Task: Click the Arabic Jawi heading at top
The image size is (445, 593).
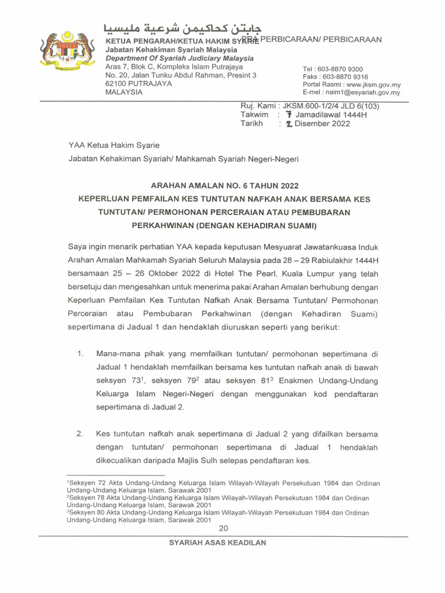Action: (182, 28)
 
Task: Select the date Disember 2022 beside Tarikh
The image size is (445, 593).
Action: (323, 123)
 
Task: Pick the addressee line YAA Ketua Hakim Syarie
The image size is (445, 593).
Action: (114, 145)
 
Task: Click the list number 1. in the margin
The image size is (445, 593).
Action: (81, 353)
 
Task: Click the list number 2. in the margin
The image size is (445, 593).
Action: (81, 434)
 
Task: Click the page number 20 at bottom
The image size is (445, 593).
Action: (224, 528)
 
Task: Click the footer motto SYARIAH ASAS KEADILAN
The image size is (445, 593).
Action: (217, 543)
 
